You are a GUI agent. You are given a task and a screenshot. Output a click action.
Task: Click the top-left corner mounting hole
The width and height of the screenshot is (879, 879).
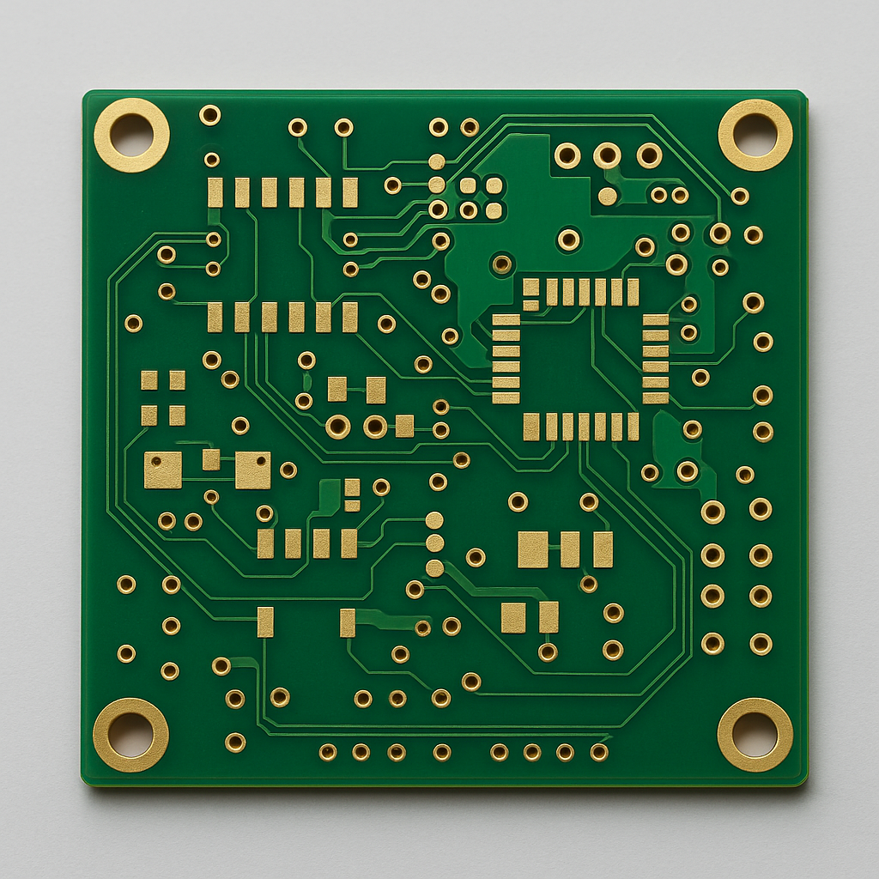[x=131, y=135]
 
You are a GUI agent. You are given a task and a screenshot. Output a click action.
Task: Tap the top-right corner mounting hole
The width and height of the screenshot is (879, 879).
[x=755, y=135]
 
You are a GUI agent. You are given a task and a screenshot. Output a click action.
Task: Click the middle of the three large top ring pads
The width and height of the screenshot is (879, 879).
[x=607, y=155]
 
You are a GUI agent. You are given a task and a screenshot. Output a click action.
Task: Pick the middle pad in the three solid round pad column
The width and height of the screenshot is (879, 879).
[x=435, y=543]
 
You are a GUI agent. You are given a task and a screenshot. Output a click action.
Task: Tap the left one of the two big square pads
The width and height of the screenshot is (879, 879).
[x=163, y=470]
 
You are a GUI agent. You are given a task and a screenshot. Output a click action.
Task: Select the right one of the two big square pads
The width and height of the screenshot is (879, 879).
[x=252, y=470]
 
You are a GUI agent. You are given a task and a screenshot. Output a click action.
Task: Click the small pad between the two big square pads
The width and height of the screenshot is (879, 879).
[x=211, y=460]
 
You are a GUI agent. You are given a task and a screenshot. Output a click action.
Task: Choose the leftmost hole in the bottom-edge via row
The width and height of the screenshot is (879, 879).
[x=328, y=752]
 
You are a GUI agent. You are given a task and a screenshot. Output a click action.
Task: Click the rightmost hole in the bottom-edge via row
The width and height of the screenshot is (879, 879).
[x=599, y=752]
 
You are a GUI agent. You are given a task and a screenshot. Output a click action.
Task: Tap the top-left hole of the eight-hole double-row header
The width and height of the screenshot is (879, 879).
[x=712, y=512]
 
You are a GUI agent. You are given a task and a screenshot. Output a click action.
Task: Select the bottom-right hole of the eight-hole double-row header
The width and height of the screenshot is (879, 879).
[x=761, y=644]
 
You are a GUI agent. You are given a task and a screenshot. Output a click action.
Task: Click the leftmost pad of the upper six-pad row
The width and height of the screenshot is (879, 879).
[x=215, y=192]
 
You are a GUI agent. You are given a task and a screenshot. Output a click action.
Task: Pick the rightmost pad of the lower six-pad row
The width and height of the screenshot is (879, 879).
[x=349, y=317]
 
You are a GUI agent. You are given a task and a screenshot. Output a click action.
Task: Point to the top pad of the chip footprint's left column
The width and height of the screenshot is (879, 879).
[x=506, y=321]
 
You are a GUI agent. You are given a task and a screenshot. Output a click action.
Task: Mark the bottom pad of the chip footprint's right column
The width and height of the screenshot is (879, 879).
[x=656, y=397]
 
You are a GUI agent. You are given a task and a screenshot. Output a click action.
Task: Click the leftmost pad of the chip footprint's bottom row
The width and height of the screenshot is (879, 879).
[x=531, y=427]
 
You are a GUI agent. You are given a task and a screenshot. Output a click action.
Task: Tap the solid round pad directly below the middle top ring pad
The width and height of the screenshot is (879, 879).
[x=608, y=196]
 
